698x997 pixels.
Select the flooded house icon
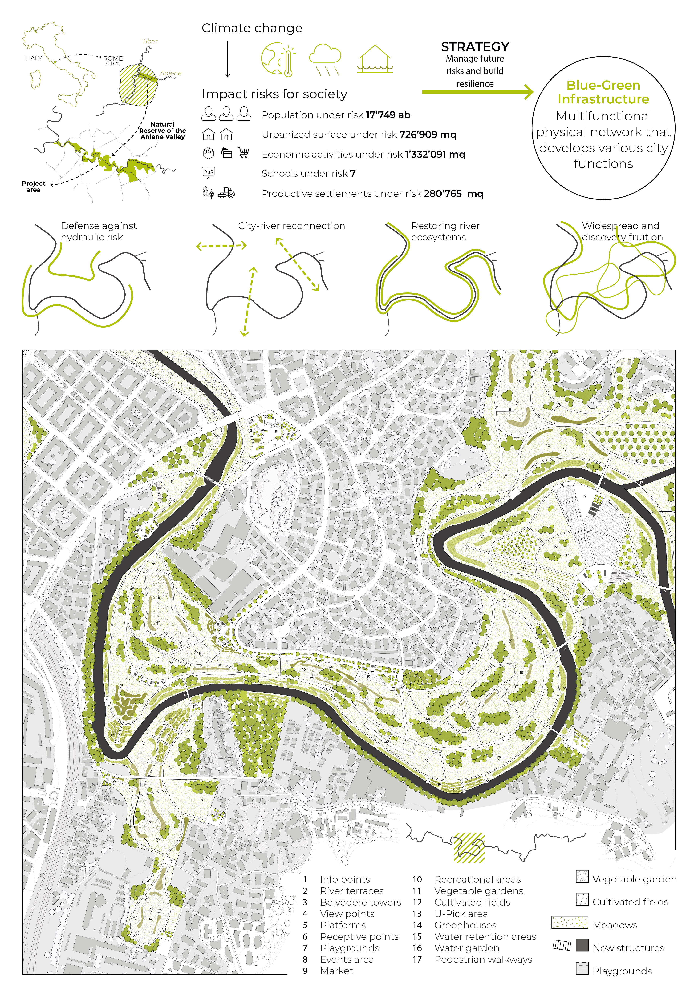374,59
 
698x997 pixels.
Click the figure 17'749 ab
388,115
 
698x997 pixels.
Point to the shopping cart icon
244,153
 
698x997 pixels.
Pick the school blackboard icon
209,172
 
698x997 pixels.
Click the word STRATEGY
475,46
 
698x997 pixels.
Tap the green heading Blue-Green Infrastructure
603,92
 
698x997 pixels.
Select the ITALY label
33,58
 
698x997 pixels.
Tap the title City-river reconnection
291,226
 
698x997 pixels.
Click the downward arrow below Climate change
228,60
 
